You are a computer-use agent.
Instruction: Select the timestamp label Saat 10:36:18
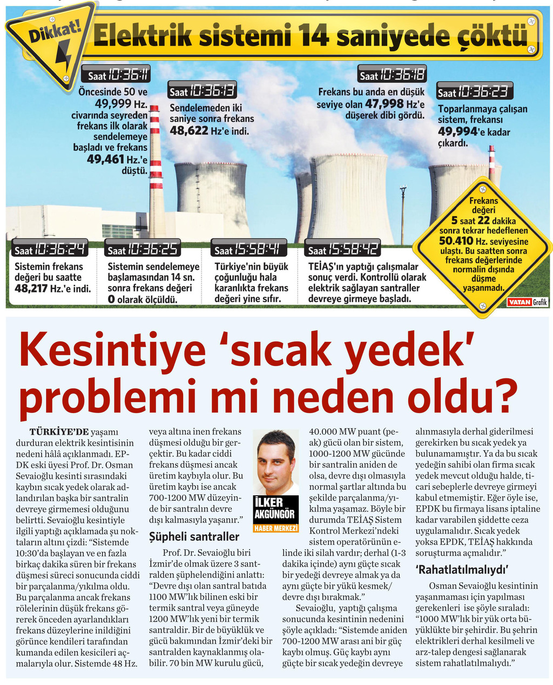[x=392, y=75]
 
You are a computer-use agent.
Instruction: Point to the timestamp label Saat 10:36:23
[x=475, y=91]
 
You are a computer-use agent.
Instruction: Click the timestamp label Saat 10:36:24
[x=50, y=249]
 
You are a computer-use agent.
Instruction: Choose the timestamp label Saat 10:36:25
[x=143, y=249]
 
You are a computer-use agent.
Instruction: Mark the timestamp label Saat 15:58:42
[x=342, y=249]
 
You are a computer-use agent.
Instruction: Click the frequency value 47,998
[x=384, y=103]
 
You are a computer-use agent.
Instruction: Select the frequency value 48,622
[x=189, y=130]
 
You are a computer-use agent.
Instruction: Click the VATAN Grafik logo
[x=527, y=302]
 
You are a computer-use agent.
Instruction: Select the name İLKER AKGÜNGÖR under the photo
[x=275, y=509]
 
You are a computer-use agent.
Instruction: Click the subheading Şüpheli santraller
[x=194, y=536]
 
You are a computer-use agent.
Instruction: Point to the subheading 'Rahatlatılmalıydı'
[x=462, y=569]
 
